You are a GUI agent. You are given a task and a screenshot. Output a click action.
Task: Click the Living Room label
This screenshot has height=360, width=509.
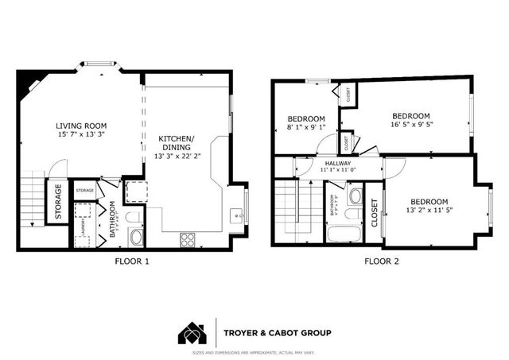point(81,126)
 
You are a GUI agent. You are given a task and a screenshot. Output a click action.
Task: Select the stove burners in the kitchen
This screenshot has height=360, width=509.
point(188,237)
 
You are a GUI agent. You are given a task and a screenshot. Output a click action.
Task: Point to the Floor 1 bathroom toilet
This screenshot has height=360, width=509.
point(134,215)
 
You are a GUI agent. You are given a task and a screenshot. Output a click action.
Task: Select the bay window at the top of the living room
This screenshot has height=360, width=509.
point(99,64)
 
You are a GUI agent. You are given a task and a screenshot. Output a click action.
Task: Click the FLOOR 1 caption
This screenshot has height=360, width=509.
point(131,261)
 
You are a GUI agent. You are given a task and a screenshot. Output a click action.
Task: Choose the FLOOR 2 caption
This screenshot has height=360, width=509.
point(382,261)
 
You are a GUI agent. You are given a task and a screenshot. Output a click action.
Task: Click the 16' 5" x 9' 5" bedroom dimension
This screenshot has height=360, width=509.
point(410,124)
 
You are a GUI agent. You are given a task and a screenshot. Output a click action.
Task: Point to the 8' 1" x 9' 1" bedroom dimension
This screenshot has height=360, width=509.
point(305,127)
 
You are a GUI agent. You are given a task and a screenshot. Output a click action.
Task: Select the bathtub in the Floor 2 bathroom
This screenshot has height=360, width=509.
point(344,234)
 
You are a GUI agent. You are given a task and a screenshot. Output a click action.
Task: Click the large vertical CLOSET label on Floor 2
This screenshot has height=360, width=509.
point(375,211)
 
